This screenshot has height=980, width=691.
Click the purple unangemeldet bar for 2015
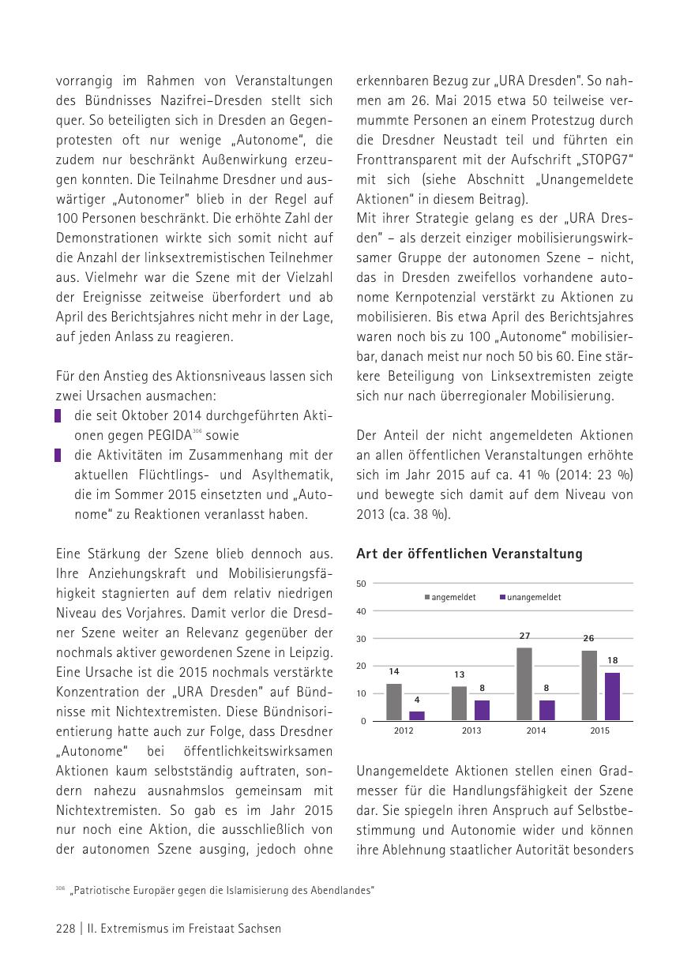(612, 697)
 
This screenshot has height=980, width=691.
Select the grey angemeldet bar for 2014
(524, 684)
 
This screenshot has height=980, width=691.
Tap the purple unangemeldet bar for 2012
(417, 715)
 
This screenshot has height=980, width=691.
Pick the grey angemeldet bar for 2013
(460, 703)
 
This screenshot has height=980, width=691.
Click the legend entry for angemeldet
(453, 598)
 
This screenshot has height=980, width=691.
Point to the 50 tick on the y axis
(361, 584)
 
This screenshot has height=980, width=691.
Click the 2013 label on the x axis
(471, 730)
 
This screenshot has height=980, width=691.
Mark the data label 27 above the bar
(524, 636)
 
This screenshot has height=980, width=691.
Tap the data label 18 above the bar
(613, 660)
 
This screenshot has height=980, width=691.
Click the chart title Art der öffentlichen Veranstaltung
(469, 554)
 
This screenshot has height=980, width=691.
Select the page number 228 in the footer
(66, 929)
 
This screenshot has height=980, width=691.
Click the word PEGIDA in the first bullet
(169, 435)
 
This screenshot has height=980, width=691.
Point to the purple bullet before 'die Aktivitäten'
(58, 455)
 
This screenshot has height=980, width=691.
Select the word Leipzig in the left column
(309, 653)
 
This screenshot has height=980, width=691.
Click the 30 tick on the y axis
(361, 639)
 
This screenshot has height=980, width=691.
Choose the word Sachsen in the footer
(258, 929)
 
